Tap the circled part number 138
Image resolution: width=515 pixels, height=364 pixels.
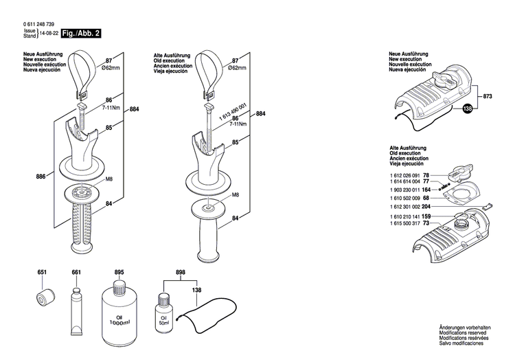tap(468, 109)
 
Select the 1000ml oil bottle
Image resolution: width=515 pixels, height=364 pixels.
tap(119, 308)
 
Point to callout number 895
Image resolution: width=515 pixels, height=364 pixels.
tap(119, 273)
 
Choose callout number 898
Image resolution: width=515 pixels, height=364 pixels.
tap(181, 273)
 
